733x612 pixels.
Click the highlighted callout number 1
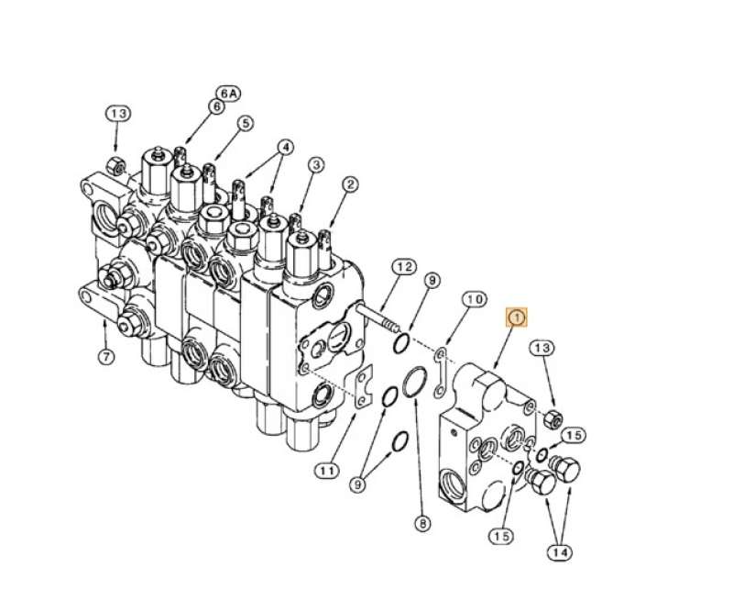(517, 317)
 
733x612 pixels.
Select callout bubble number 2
(349, 184)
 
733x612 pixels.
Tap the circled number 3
(315, 165)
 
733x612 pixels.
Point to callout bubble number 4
(286, 146)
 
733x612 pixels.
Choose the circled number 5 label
(245, 123)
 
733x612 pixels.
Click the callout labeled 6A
(227, 93)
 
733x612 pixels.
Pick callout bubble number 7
(105, 357)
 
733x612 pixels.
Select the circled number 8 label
(422, 524)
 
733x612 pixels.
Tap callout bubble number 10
(473, 300)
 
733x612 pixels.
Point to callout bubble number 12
(402, 267)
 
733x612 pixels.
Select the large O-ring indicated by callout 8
(415, 383)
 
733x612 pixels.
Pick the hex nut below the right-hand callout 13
(552, 419)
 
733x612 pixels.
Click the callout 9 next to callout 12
(432, 279)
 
